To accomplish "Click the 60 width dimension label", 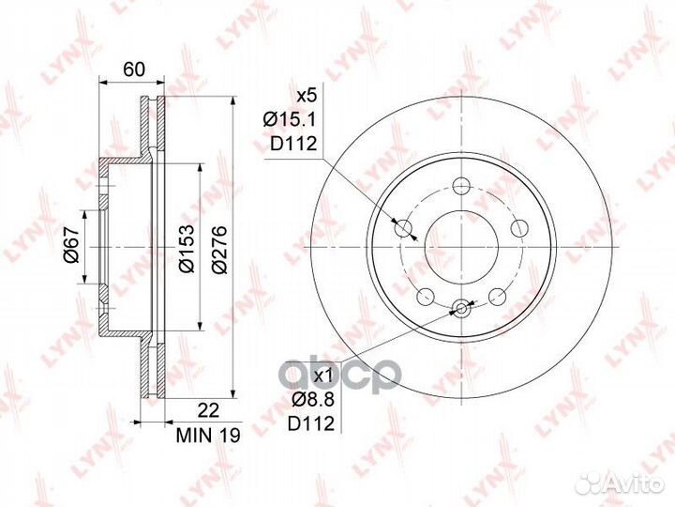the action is click(x=134, y=69).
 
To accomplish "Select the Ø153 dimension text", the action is click(x=187, y=248).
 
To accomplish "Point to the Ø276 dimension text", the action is click(x=219, y=248).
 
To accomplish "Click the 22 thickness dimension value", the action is click(x=208, y=410).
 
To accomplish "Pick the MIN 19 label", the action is click(x=208, y=435).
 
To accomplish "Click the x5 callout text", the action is click(x=307, y=96).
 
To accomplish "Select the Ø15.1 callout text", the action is click(x=290, y=119).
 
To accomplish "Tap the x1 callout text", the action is click(x=323, y=376).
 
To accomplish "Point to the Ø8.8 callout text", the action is click(x=313, y=400).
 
